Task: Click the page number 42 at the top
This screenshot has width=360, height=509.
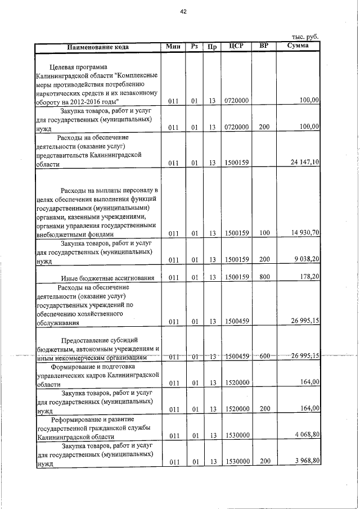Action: click(182, 11)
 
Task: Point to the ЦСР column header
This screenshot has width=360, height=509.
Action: click(236, 46)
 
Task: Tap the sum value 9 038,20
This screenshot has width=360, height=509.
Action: click(307, 259)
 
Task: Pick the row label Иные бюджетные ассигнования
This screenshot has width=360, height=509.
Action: click(107, 277)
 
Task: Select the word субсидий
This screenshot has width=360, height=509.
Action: click(121, 340)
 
